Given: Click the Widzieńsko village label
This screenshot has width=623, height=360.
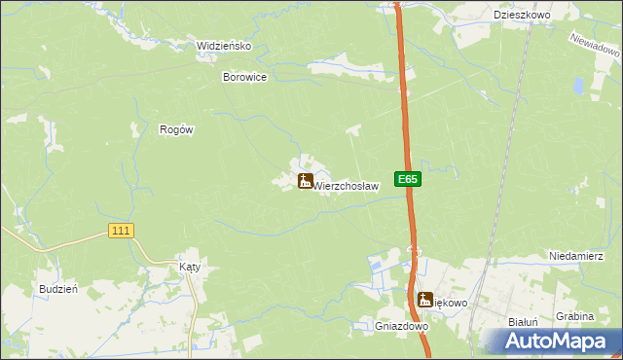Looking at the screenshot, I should [x=225, y=46].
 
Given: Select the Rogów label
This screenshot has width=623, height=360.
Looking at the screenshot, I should [x=178, y=129].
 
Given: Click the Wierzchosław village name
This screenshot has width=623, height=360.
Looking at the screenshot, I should [x=345, y=185].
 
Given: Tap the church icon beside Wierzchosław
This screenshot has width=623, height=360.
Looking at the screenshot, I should [x=305, y=181].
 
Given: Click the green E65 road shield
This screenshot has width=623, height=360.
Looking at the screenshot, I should [x=408, y=179].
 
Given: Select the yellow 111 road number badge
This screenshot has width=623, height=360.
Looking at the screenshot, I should [x=121, y=230].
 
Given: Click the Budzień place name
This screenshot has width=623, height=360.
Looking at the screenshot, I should [x=57, y=289].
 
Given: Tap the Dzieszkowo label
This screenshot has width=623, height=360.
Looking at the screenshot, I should [x=523, y=16].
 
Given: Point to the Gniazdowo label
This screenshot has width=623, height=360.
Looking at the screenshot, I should [x=402, y=327].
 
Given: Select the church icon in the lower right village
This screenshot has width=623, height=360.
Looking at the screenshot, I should [x=424, y=301].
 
